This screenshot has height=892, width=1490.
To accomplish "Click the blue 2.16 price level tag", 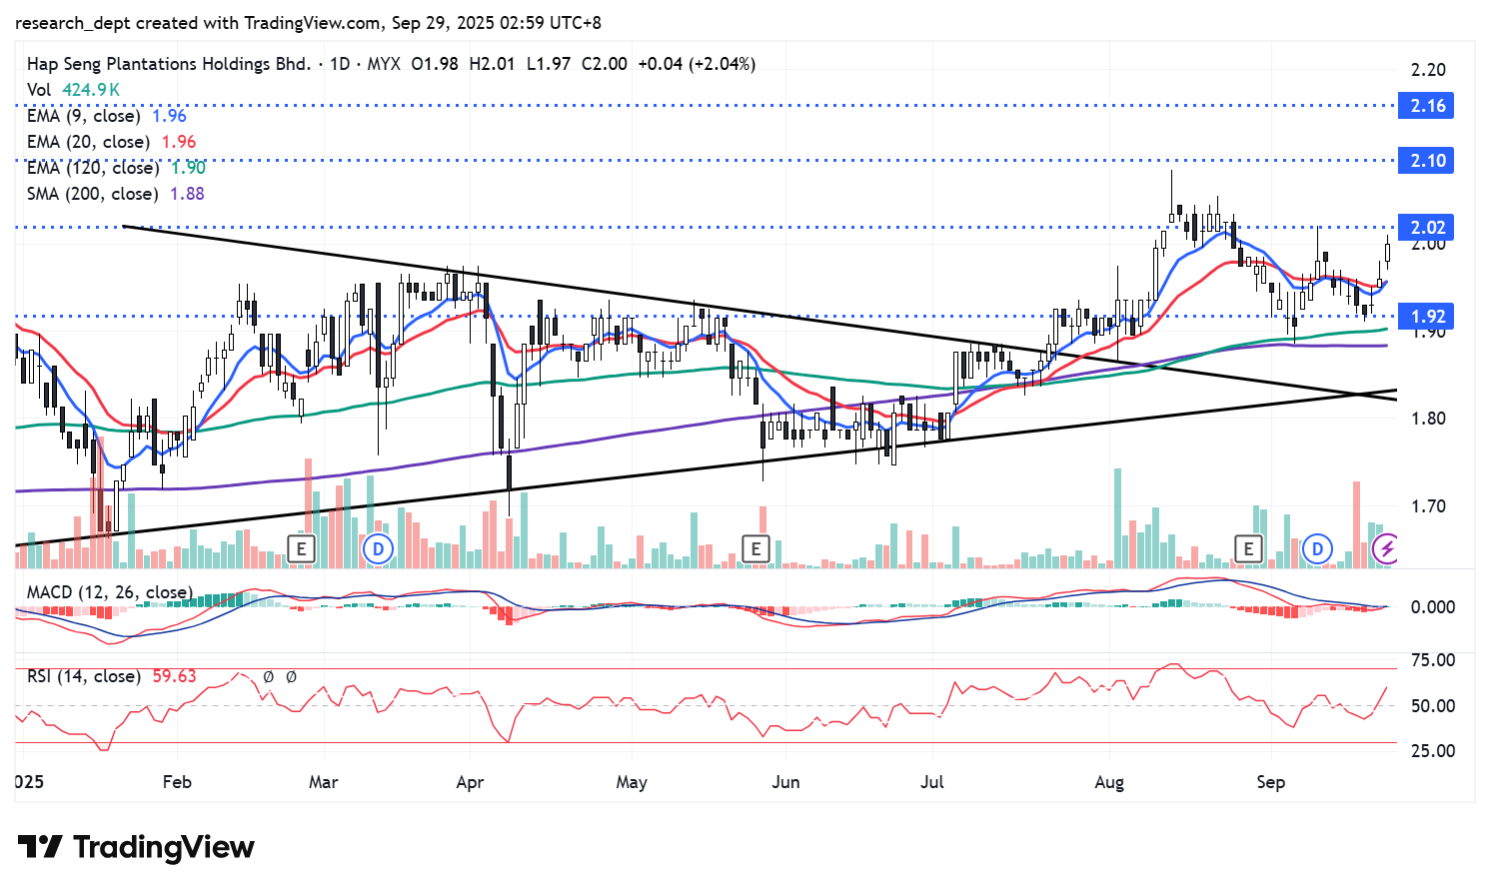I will [1427, 106].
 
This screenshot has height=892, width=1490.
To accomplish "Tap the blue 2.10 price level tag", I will [1427, 161].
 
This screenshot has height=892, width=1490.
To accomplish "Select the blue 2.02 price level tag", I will [1427, 228].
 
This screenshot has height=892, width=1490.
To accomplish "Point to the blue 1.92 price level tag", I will [1427, 317].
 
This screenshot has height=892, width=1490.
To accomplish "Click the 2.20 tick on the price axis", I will [1428, 70].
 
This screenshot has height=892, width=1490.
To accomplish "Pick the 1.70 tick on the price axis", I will [1428, 506].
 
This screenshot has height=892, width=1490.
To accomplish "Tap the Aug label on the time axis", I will [1109, 782].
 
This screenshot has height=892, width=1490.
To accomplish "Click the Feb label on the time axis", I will [177, 782].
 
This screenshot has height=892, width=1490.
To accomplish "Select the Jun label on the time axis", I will [785, 782].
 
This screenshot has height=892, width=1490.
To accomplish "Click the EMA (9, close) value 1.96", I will [169, 116].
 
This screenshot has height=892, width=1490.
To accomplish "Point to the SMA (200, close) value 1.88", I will [187, 194].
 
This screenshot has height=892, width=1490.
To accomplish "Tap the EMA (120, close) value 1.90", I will [188, 168].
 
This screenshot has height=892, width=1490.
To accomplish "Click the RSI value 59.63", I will [174, 676].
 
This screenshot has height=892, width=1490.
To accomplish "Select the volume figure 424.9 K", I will [91, 90].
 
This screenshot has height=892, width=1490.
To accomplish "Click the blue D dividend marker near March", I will [377, 547].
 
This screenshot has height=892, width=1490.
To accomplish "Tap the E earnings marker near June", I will [755, 547].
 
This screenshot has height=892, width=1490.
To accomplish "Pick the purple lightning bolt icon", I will [1386, 548].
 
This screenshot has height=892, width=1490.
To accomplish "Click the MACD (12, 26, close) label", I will [109, 592].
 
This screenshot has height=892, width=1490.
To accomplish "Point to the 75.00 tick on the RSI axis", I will [1432, 660].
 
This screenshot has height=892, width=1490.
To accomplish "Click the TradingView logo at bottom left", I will [136, 847].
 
